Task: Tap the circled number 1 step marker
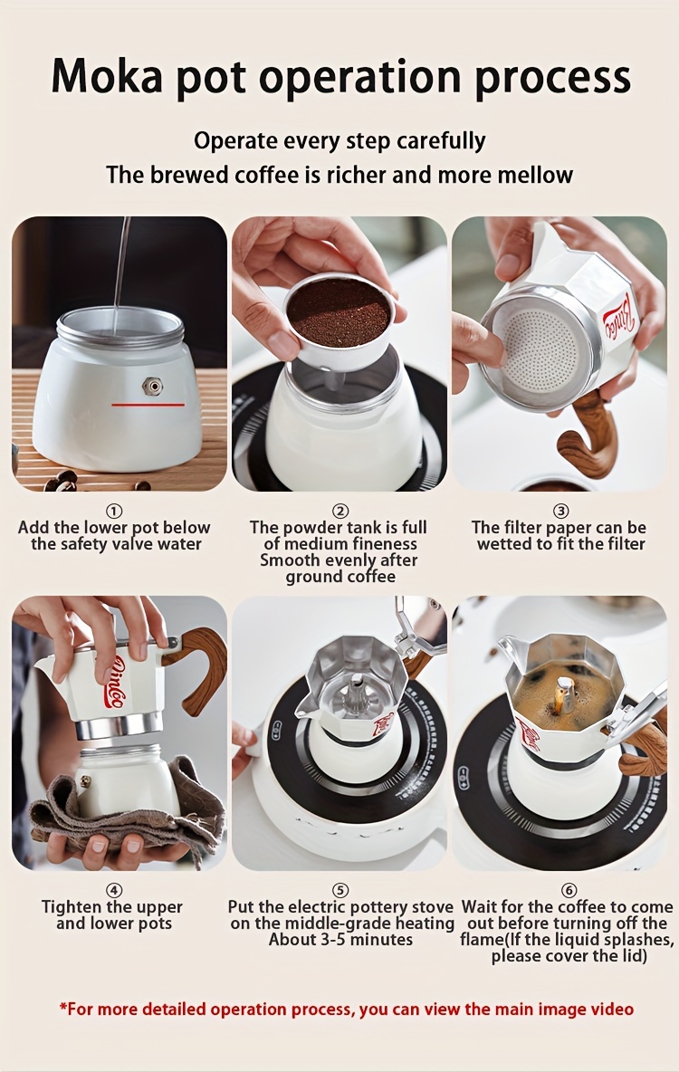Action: tap(114, 512)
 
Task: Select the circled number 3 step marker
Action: tap(560, 512)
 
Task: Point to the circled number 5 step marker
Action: tap(340, 890)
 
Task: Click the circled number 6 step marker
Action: tap(569, 890)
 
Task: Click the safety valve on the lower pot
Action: tap(152, 387)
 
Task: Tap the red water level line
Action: tap(148, 405)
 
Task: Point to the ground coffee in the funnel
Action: tap(339, 312)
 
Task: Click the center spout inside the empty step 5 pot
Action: tap(357, 696)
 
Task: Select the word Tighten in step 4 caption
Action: tap(72, 907)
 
